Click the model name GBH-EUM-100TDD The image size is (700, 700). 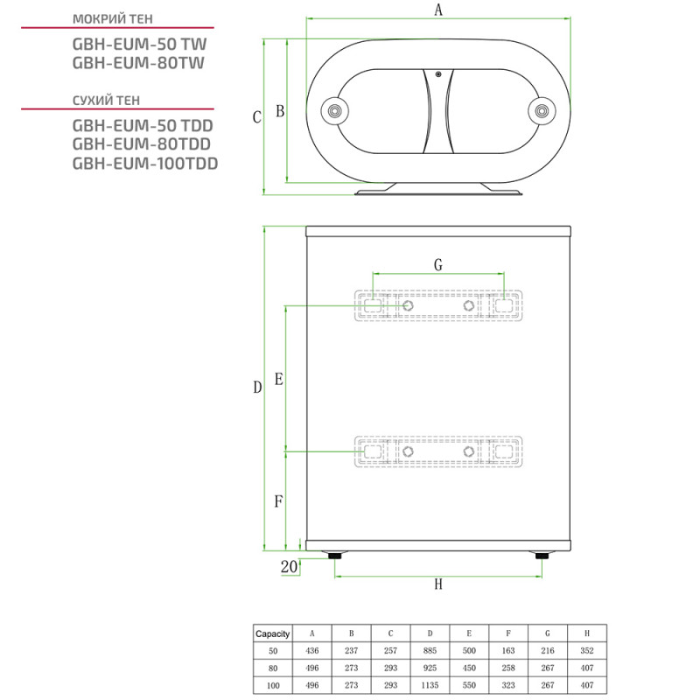tap(144, 164)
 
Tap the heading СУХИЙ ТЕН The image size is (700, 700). tap(106, 100)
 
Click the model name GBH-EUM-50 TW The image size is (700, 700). tap(140, 43)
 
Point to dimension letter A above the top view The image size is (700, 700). tap(438, 10)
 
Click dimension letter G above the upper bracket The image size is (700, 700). tap(438, 264)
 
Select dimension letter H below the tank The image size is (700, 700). tap(438, 585)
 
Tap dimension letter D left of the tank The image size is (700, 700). tap(257, 388)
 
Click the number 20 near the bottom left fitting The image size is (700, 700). tap(290, 567)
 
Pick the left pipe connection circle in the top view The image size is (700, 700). tap(334, 111)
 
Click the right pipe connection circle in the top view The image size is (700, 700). tap(542, 111)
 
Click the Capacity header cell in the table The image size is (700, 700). tap(272, 633)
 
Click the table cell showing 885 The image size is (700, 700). tap(430, 651)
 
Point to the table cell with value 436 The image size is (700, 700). tap(311, 651)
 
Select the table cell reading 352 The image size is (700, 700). tap(587, 651)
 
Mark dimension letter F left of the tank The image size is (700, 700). tap(278, 502)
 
